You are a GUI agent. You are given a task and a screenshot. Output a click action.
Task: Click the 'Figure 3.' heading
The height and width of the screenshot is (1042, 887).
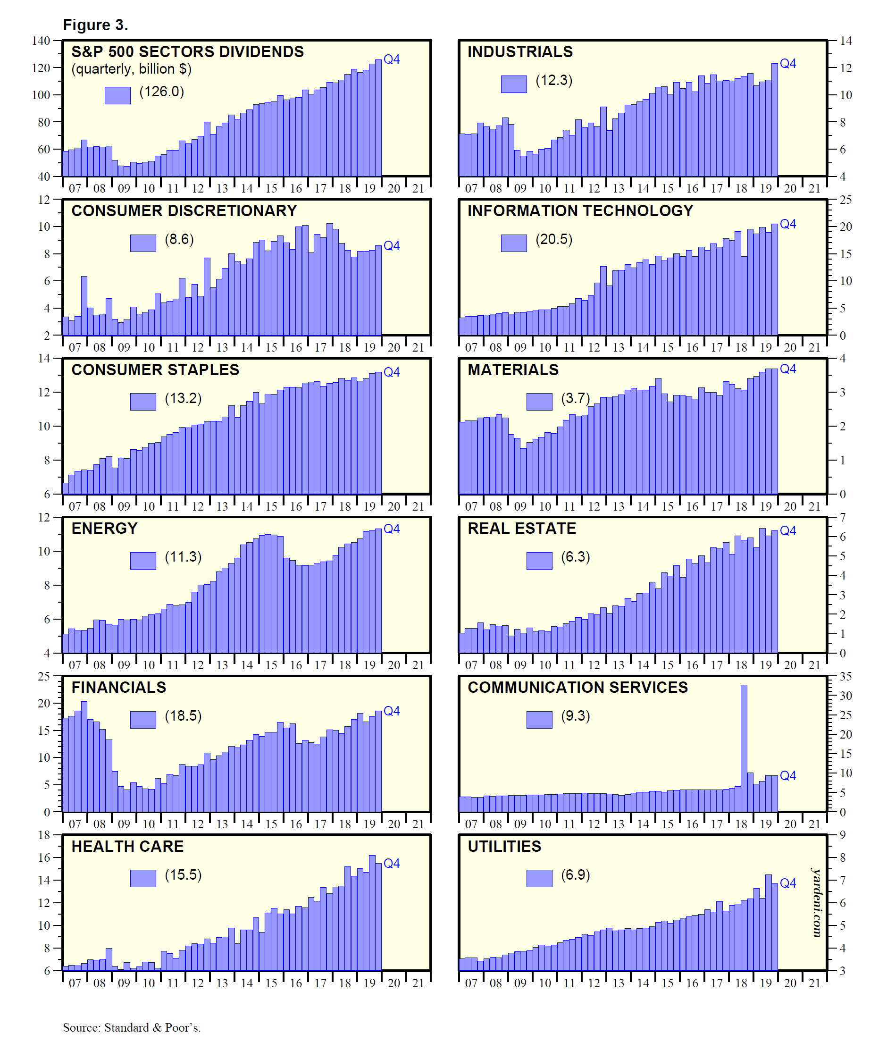(95, 25)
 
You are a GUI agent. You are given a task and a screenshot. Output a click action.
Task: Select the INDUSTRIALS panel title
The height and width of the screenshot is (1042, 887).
(520, 52)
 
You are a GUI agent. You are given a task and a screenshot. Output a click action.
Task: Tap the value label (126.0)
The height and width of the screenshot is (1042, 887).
(161, 92)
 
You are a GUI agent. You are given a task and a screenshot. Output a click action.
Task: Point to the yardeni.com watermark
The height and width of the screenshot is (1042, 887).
(817, 902)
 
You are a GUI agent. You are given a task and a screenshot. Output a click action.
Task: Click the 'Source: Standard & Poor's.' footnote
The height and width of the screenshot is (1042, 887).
(132, 1027)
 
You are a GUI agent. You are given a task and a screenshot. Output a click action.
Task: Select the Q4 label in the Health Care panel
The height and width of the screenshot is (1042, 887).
(392, 864)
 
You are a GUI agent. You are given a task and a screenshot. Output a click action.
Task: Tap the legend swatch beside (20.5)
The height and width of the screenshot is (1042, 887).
(513, 243)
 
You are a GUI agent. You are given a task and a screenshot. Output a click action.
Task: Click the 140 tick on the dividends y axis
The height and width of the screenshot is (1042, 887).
(41, 41)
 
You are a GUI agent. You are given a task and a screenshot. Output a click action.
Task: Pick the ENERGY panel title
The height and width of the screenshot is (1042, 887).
(105, 529)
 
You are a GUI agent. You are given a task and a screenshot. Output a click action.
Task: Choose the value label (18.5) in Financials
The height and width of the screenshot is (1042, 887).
(183, 715)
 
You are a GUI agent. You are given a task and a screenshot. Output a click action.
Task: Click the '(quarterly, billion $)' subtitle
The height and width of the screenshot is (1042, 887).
(131, 69)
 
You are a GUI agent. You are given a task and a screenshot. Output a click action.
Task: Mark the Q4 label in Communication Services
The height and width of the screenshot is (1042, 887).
(788, 775)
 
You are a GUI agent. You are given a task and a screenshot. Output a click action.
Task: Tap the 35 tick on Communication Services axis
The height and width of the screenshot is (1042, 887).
(846, 676)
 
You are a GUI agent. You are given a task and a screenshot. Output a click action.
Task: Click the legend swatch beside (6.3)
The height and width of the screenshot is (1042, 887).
(539, 560)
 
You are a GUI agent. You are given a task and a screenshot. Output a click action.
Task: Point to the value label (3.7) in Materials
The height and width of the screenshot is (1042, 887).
(575, 398)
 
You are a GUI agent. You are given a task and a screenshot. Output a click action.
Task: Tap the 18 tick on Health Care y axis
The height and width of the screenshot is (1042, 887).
(44, 835)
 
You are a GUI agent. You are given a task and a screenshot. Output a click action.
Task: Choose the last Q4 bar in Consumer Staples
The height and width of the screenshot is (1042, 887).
(378, 432)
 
